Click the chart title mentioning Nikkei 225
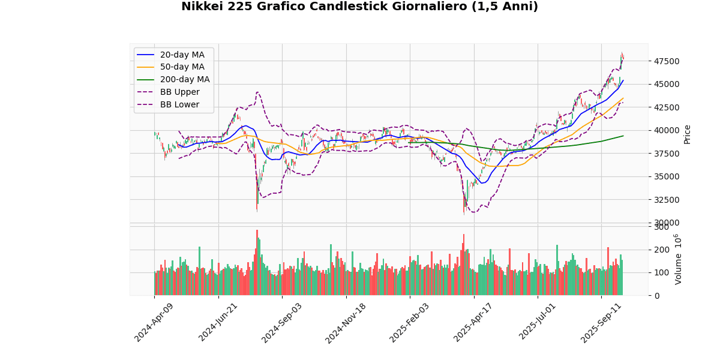[359, 7]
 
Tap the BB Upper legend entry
[178, 92]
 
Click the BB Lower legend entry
[178, 104]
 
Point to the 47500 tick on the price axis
[667, 61]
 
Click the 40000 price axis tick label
[667, 130]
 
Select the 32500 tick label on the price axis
[667, 200]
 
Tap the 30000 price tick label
[667, 223]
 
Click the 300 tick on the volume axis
[661, 227]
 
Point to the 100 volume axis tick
[661, 273]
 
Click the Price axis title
[688, 134]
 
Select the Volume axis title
[679, 259]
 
